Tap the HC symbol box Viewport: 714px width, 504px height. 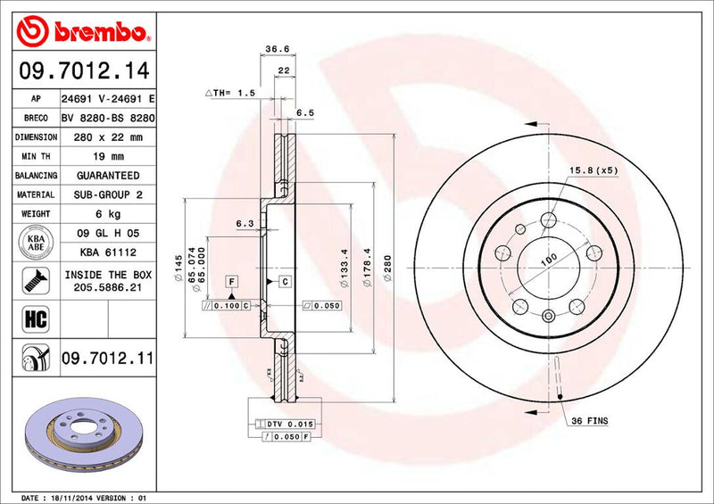(x=29, y=316)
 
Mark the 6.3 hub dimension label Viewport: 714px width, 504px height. (x=245, y=223)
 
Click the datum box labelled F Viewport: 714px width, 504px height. (x=230, y=282)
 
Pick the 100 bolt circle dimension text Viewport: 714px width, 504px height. (x=547, y=259)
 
